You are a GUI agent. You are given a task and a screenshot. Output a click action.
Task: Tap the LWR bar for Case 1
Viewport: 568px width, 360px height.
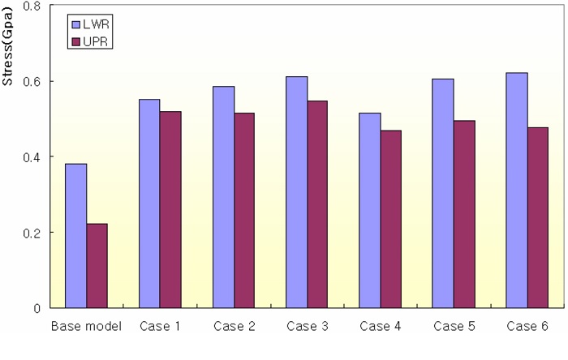(148, 203)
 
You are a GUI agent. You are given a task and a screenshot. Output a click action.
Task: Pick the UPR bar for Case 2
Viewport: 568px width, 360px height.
(243, 210)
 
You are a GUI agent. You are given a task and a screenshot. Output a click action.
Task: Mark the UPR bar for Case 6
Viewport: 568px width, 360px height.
(536, 217)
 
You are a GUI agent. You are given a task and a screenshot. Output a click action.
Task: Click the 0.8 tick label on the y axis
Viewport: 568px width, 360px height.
(33, 6)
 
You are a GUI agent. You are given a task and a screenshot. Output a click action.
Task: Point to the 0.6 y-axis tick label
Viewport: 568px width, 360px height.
(33, 81)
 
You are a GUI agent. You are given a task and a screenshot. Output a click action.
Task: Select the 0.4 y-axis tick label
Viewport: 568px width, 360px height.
(33, 156)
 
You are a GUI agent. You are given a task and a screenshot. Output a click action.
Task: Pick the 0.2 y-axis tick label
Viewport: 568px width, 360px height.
(33, 232)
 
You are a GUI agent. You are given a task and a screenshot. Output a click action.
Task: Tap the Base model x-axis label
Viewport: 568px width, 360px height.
(85, 327)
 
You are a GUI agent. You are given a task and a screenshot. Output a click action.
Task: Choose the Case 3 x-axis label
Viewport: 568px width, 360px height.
(306, 327)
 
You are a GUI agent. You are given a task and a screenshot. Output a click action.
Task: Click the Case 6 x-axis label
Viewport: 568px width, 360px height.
(526, 327)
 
